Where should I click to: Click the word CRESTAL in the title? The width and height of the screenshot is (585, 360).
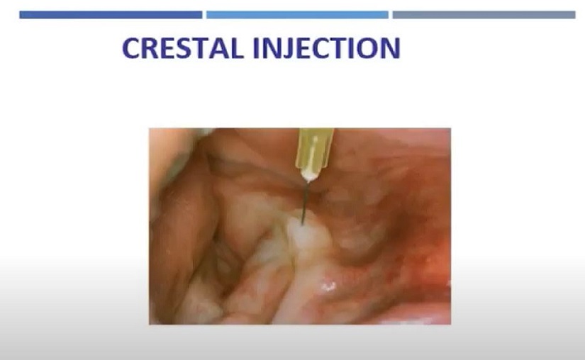click(x=183, y=48)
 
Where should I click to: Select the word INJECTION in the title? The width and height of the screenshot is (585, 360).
click(x=327, y=48)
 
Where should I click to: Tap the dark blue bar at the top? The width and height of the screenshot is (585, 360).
click(x=111, y=15)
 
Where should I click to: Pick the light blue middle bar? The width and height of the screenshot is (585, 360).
click(x=297, y=15)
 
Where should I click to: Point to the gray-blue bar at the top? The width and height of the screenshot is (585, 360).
click(x=484, y=15)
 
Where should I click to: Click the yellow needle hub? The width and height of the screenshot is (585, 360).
click(x=314, y=148)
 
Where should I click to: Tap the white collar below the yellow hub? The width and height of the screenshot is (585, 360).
click(x=310, y=174)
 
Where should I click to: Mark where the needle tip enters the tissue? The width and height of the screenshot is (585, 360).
click(x=302, y=225)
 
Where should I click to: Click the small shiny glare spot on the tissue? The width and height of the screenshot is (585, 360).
click(x=328, y=286)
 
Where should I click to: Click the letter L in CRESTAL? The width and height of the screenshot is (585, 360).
click(x=237, y=48)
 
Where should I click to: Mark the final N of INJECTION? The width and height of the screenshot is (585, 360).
click(x=390, y=48)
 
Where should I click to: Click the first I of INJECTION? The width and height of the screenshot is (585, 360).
click(x=257, y=48)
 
